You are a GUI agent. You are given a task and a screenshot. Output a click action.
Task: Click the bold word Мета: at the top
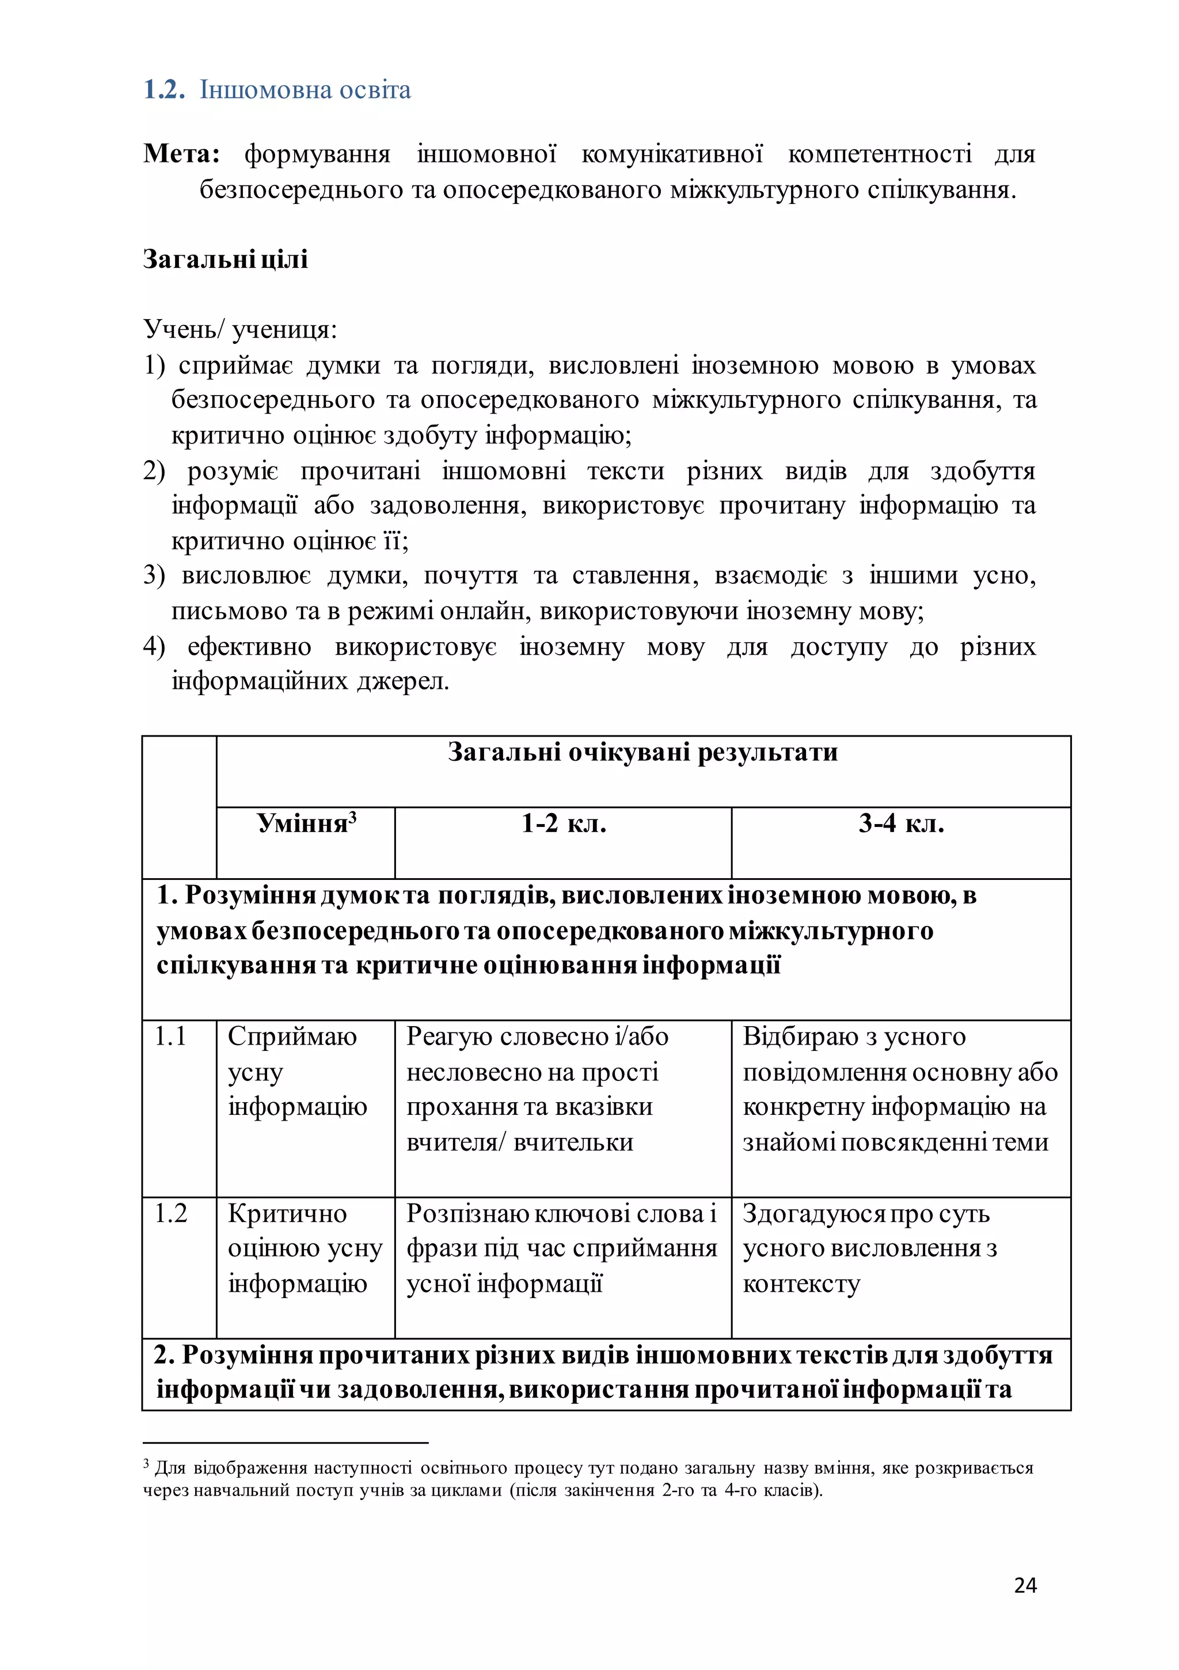182,154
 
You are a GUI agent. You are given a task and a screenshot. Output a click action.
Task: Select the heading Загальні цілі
226,259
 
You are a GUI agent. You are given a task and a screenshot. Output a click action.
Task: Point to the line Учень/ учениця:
240,329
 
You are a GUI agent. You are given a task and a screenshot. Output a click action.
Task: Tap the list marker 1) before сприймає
154,365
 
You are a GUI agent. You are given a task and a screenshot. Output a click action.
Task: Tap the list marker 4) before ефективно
154,647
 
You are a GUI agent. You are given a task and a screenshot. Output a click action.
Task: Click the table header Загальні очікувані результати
642,752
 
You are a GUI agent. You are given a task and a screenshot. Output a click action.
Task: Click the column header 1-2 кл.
564,823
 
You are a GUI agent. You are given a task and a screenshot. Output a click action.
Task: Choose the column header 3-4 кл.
901,823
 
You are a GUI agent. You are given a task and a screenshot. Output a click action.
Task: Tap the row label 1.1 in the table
171,1037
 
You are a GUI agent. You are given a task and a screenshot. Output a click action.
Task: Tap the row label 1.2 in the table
171,1213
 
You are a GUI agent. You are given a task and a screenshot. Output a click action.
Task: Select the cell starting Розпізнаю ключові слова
561,1248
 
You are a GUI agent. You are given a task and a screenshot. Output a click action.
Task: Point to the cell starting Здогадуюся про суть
869,1248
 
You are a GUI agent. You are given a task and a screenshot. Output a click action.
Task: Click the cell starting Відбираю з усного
900,1089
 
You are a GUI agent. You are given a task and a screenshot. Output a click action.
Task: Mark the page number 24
1025,1585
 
